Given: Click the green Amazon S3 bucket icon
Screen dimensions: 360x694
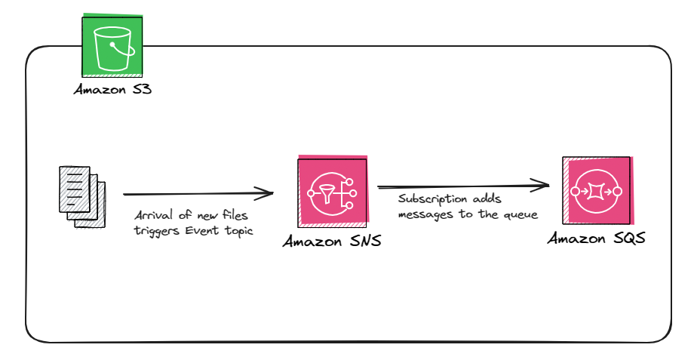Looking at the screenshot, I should pos(112,45).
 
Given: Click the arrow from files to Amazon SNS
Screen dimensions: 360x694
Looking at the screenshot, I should pos(196,193).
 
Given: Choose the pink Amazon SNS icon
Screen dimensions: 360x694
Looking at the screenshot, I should pos(333,193).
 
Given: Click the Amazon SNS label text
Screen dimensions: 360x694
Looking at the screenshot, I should pos(333,242).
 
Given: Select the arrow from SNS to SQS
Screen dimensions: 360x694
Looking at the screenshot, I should pos(460,186).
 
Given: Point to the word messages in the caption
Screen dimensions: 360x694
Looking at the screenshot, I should pos(424,216).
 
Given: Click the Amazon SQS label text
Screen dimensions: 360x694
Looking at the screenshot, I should pos(596,239).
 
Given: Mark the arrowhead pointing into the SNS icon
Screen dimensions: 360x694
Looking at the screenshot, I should pos(266,194).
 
